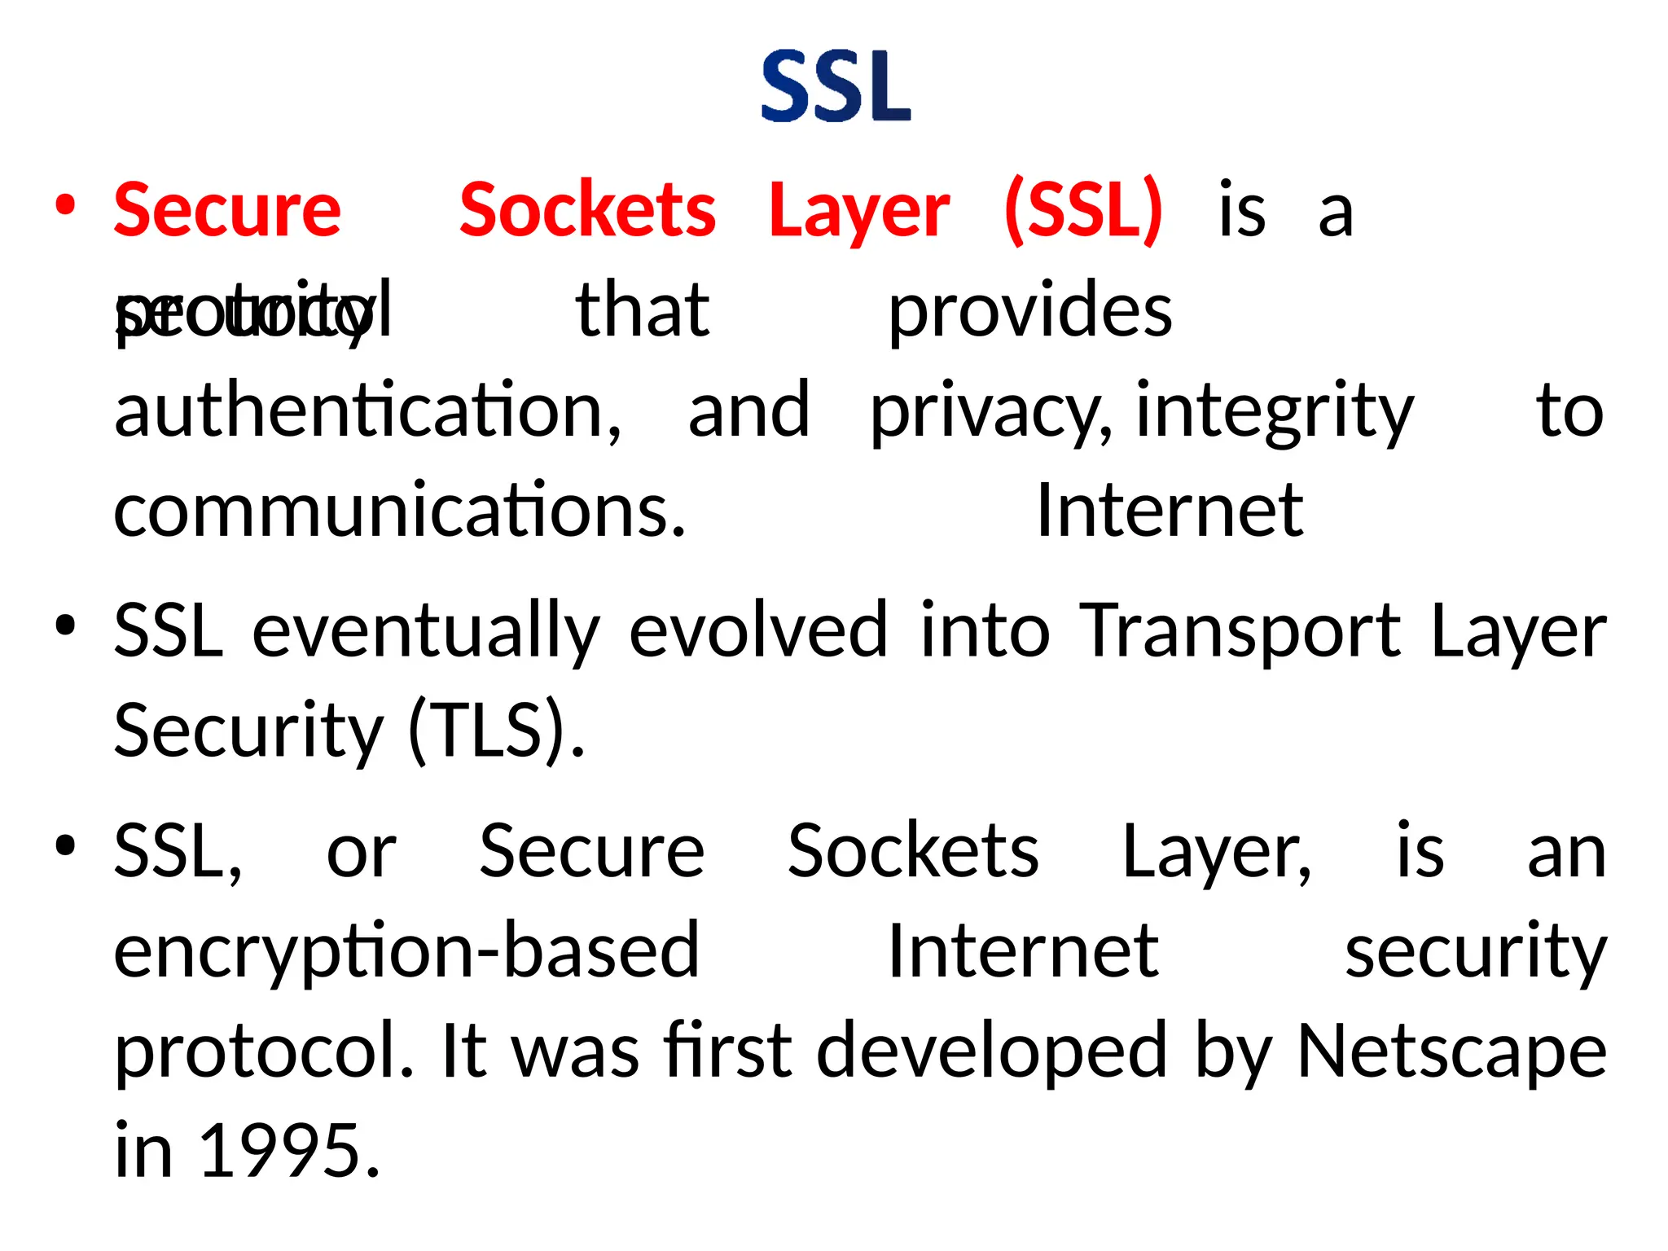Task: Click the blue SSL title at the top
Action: (x=836, y=87)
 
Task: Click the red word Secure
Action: (x=227, y=210)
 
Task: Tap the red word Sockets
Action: (x=587, y=210)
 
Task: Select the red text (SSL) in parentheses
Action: (x=1084, y=210)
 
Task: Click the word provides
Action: (x=1029, y=310)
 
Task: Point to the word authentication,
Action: (x=367, y=410)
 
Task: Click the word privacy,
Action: (x=990, y=412)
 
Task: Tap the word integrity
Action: (x=1275, y=412)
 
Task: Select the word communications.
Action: (x=399, y=511)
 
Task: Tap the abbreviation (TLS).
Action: (x=495, y=730)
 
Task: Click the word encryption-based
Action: (x=406, y=950)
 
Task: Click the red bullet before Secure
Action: (x=66, y=204)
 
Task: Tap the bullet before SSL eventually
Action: (x=66, y=625)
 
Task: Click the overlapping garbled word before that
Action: (x=253, y=310)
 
